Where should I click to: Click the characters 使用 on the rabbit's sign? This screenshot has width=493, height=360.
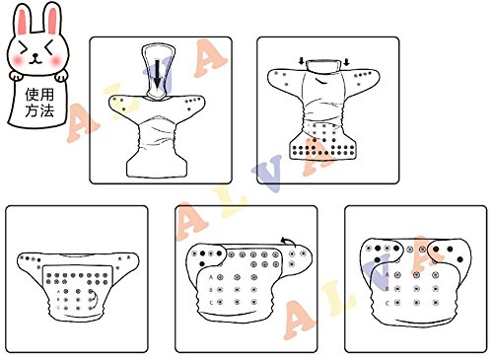coord(39,95)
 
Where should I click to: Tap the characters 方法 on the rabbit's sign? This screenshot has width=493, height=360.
coord(39,110)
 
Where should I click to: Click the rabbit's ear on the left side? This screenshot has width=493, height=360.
coord(23,21)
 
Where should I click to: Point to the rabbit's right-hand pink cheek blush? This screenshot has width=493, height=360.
coord(56,60)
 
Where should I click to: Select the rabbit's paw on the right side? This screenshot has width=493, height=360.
coord(61,77)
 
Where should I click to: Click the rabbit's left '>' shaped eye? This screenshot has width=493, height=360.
coord(24,48)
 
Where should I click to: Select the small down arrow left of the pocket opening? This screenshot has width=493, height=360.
coord(302,61)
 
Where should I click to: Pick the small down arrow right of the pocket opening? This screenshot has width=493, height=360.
coord(346,61)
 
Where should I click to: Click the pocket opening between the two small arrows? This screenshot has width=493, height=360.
coord(323,66)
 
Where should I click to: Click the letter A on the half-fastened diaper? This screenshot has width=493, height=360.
coord(211,277)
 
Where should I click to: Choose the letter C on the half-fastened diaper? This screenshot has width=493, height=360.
coord(211,303)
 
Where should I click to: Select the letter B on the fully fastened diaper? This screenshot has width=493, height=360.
coord(387,289)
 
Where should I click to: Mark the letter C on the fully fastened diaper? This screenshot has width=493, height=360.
coord(387,303)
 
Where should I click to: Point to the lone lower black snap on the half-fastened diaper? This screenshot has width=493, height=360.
coord(202,263)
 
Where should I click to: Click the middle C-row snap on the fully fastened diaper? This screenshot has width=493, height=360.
coord(417,303)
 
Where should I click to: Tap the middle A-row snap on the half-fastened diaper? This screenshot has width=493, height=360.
coord(238,278)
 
